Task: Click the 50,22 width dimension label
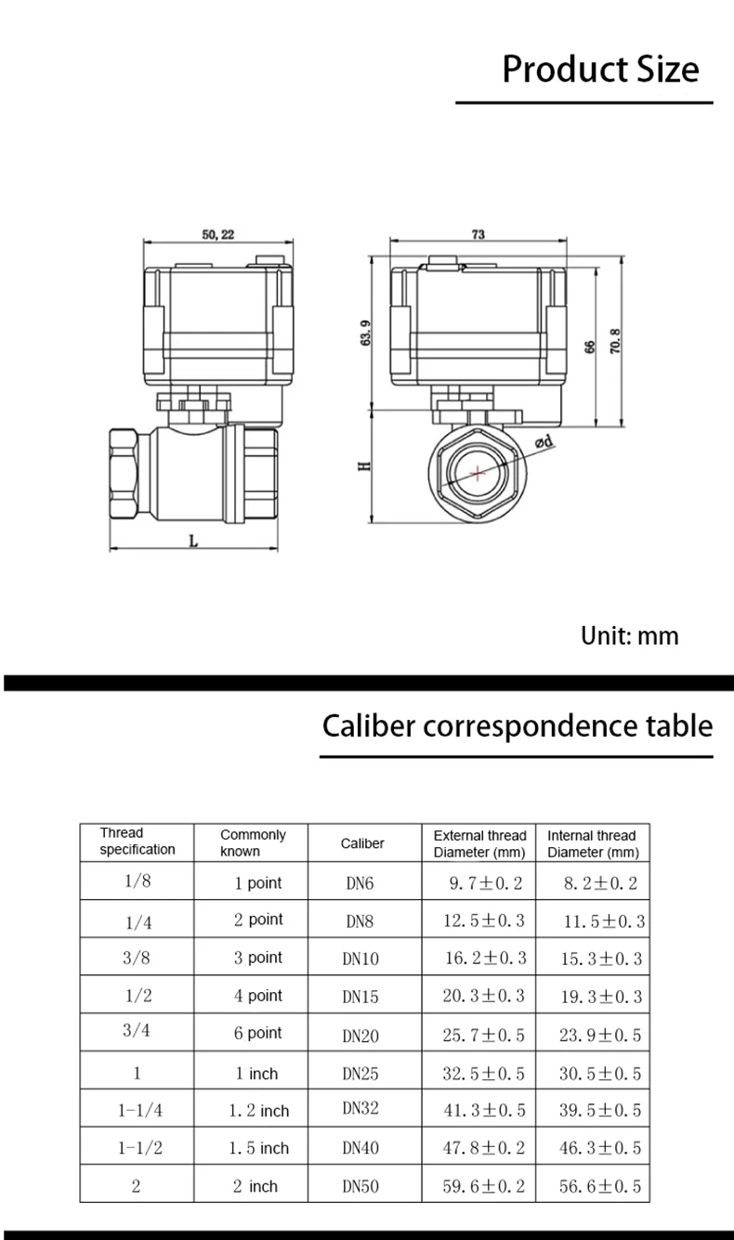[x=218, y=235]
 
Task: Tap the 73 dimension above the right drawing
[x=478, y=235]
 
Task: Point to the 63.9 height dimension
[x=365, y=333]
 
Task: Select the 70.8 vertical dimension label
[x=615, y=341]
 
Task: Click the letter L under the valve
[x=193, y=541]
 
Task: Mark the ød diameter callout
[x=544, y=442]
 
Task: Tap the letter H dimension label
[x=364, y=466]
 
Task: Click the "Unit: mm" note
[x=629, y=636]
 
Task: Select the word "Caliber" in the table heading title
[x=369, y=725]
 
